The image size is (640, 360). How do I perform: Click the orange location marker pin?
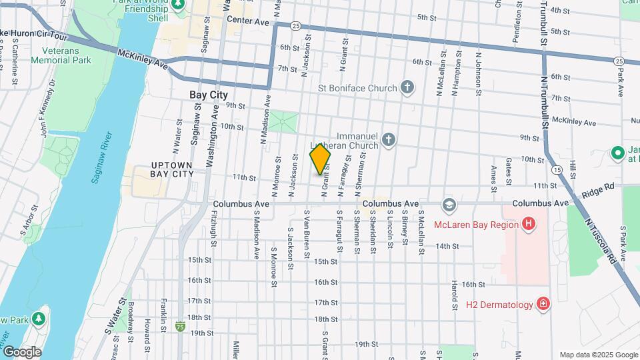pos(321,159)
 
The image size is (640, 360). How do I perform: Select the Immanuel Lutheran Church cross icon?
pos(389,140)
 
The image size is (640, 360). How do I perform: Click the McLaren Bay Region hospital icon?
pos(529,224)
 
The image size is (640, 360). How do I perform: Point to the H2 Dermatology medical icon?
pos(544,305)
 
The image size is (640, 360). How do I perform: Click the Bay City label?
pos(209,95)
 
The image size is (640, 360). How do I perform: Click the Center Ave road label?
pos(247,22)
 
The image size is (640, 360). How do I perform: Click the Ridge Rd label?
pos(597,190)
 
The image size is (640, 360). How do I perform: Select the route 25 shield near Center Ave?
pos(295,25)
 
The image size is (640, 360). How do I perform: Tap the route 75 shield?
pos(181,327)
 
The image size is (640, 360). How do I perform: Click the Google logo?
pos(21,351)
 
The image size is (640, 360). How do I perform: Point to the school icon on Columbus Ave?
pos(449,203)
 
